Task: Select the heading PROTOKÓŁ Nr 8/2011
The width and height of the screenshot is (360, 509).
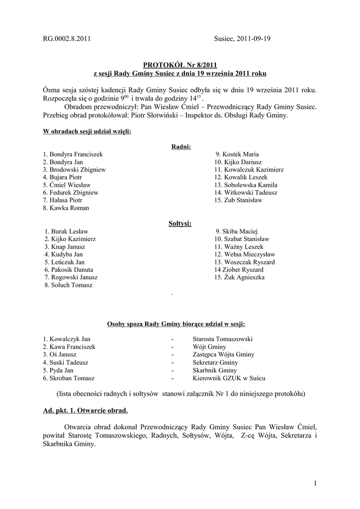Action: (x=180, y=65)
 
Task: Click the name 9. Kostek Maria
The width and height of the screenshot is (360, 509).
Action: (x=237, y=155)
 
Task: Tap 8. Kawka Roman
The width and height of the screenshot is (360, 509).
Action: (x=66, y=208)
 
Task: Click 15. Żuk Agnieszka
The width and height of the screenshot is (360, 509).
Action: (x=239, y=277)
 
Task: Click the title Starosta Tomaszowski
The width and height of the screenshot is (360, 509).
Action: (x=223, y=339)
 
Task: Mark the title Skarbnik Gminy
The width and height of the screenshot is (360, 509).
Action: (x=215, y=370)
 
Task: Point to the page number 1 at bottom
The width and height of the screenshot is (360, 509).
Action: (x=315, y=483)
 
